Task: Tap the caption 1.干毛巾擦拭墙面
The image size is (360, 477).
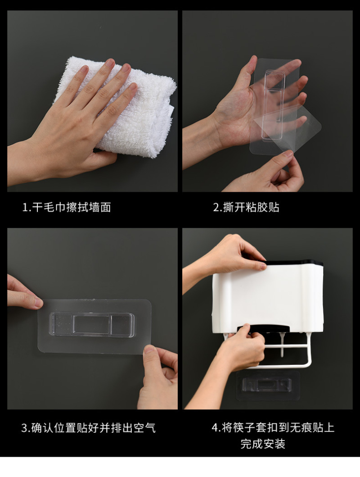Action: [67, 208]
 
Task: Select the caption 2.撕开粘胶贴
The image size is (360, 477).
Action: [246, 208]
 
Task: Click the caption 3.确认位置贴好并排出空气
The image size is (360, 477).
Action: [88, 428]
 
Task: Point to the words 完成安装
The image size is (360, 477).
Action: [263, 444]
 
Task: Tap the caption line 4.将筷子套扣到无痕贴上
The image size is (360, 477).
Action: [273, 427]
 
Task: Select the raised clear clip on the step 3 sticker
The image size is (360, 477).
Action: [92, 325]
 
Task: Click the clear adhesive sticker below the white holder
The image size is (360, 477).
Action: [268, 385]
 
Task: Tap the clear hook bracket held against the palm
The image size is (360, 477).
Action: [274, 105]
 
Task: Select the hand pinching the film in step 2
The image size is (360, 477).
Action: [264, 173]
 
